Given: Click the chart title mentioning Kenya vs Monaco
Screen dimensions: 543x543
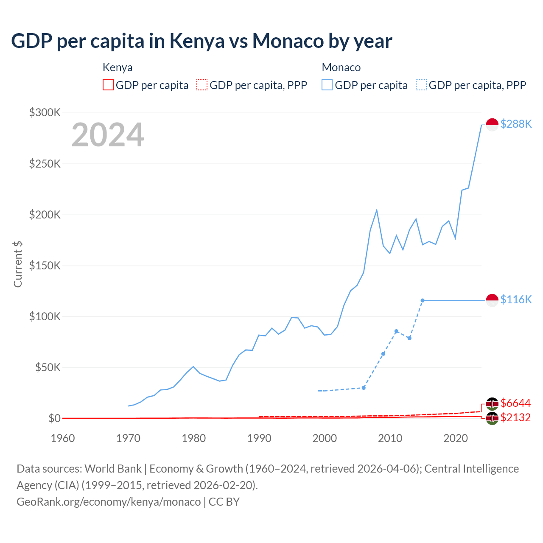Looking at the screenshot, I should tap(202, 41).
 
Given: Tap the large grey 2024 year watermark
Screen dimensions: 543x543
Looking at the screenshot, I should tap(108, 135).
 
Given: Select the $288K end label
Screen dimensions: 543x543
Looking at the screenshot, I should tap(516, 124).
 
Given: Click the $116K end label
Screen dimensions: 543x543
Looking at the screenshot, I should tap(516, 299).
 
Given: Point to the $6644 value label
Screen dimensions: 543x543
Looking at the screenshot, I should tap(515, 403).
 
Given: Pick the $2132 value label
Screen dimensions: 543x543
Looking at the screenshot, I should tap(515, 417).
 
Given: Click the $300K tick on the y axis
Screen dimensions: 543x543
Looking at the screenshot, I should tap(45, 112).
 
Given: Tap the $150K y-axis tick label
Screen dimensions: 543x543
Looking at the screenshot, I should tap(45, 266).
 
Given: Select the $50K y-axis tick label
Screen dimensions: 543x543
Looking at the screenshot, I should tap(48, 367).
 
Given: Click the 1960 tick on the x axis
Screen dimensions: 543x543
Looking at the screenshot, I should tap(63, 438).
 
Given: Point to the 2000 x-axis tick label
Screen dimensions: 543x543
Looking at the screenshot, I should tap(325, 438).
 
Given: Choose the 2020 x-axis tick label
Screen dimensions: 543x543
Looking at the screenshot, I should tap(455, 438).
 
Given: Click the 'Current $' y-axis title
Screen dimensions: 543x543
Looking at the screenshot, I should tap(18, 264).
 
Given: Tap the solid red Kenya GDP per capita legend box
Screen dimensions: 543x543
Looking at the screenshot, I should tap(108, 85).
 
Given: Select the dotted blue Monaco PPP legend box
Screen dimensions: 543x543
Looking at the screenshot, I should tap(421, 85).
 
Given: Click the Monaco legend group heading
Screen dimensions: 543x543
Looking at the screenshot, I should tap(341, 67).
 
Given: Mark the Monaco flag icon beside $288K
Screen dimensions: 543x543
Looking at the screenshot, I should tap(492, 124).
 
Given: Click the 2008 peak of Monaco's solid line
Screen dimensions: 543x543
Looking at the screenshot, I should tap(377, 210).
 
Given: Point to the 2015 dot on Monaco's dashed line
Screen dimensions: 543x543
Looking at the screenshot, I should tap(423, 300).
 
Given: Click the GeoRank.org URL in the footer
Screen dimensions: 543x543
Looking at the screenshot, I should tap(109, 502).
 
